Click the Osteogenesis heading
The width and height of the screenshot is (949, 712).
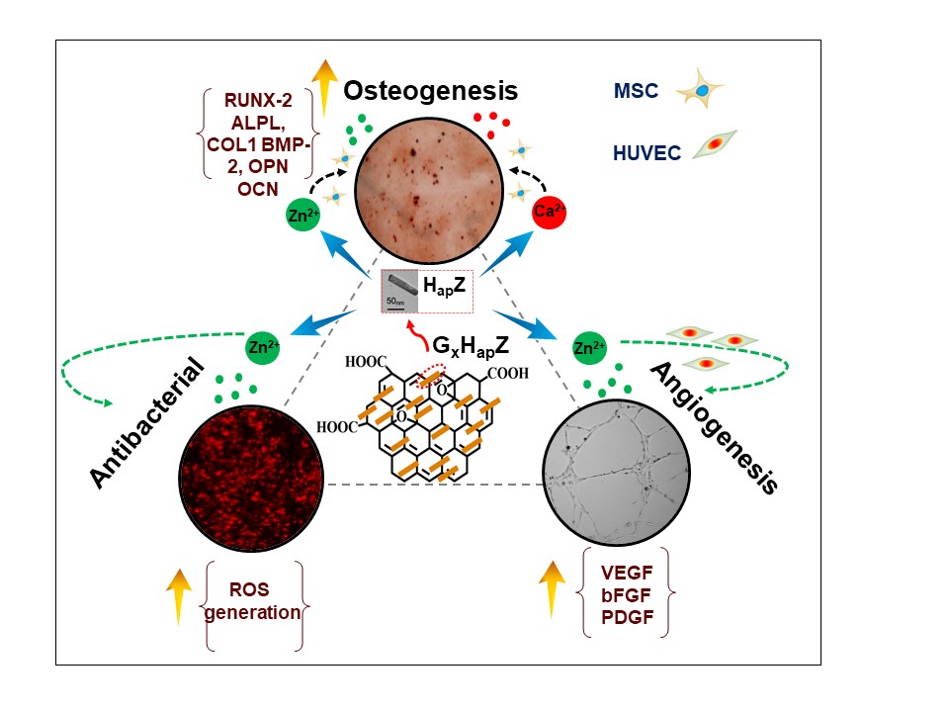430,91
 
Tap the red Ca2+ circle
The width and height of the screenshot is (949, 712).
549,212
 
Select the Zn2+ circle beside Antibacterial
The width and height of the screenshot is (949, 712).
263,347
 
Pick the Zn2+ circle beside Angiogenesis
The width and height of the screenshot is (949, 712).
589,348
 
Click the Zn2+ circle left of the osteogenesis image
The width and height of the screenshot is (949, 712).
302,215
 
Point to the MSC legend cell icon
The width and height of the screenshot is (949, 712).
700,89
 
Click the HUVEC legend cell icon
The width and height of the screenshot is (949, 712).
715,144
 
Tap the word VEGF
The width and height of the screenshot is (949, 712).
627,573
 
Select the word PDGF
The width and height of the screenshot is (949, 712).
627,617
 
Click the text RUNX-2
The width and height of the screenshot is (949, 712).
258,100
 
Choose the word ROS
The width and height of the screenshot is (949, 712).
249,589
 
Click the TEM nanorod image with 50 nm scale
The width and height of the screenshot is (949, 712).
400,291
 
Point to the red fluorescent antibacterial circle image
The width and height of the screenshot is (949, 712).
251,479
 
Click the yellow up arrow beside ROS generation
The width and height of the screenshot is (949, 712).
179,596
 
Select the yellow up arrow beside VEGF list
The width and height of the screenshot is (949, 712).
552,589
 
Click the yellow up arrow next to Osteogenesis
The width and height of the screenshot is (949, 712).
325,88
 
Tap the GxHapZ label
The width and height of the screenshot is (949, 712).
471,346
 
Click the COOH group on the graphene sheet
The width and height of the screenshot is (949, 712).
508,373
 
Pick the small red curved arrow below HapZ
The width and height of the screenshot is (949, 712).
417,335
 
